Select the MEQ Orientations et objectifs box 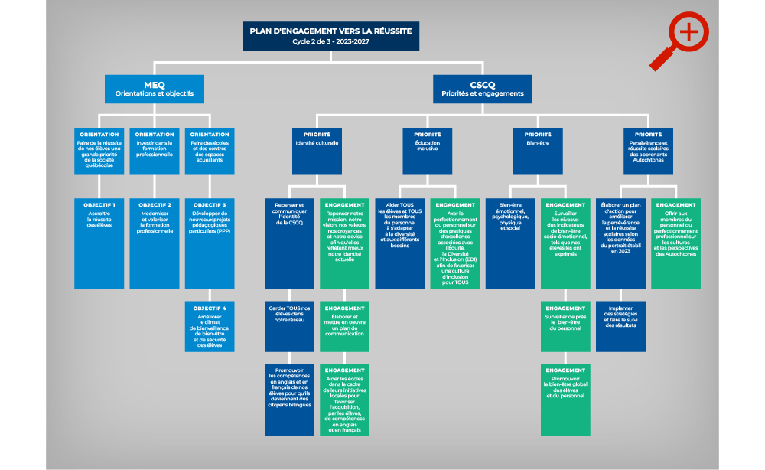[x=154, y=89]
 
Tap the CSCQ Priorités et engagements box [x=482, y=89]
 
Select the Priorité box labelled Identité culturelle [x=317, y=149]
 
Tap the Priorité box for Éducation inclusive [x=427, y=149]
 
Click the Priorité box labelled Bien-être [x=538, y=149]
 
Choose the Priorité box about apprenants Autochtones [x=648, y=149]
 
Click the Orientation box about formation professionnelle [x=155, y=149]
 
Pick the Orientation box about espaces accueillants [x=210, y=149]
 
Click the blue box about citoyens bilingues [x=289, y=400]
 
